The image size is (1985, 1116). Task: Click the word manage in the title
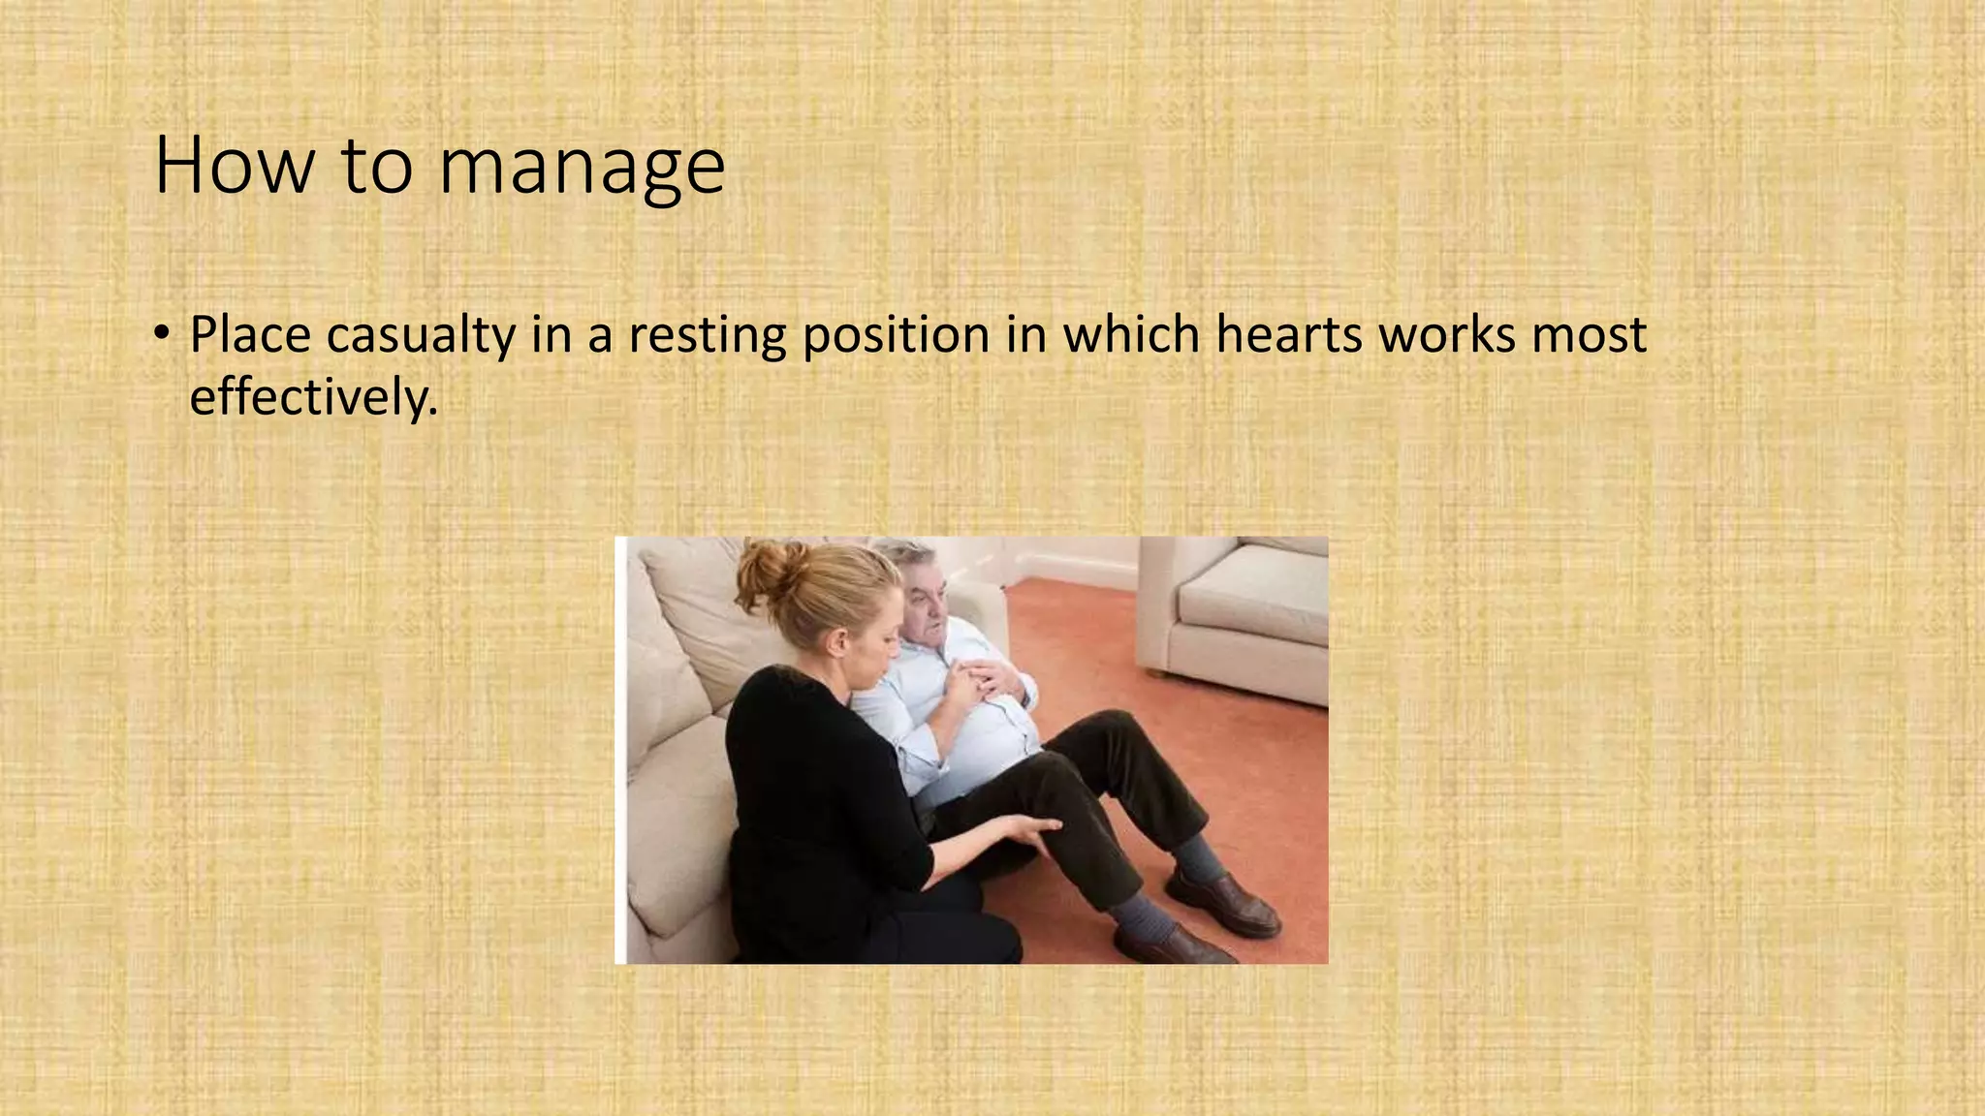click(582, 167)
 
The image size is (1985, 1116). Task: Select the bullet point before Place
click(162, 334)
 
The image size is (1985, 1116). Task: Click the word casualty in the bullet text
click(420, 335)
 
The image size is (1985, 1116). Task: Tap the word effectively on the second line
click(312, 396)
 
